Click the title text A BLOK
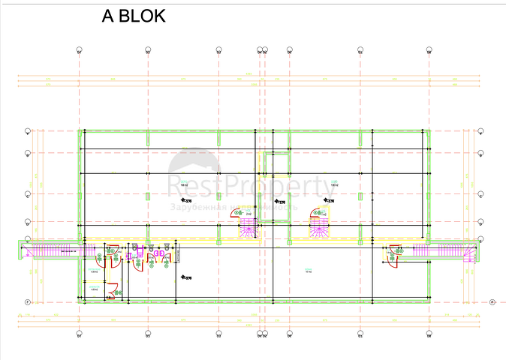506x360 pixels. (133, 17)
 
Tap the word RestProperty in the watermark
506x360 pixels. (251, 185)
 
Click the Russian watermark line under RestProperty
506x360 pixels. (234, 205)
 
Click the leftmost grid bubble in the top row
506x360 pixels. (79, 51)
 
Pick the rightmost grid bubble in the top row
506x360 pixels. (429, 51)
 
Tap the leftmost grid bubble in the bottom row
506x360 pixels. (79, 335)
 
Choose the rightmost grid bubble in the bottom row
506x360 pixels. (429, 335)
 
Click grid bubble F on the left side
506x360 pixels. (28, 301)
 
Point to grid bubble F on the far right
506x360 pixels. (492, 301)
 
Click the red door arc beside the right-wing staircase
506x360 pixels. (392, 256)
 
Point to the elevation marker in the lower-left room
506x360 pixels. (185, 278)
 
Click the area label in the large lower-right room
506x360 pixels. (308, 271)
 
